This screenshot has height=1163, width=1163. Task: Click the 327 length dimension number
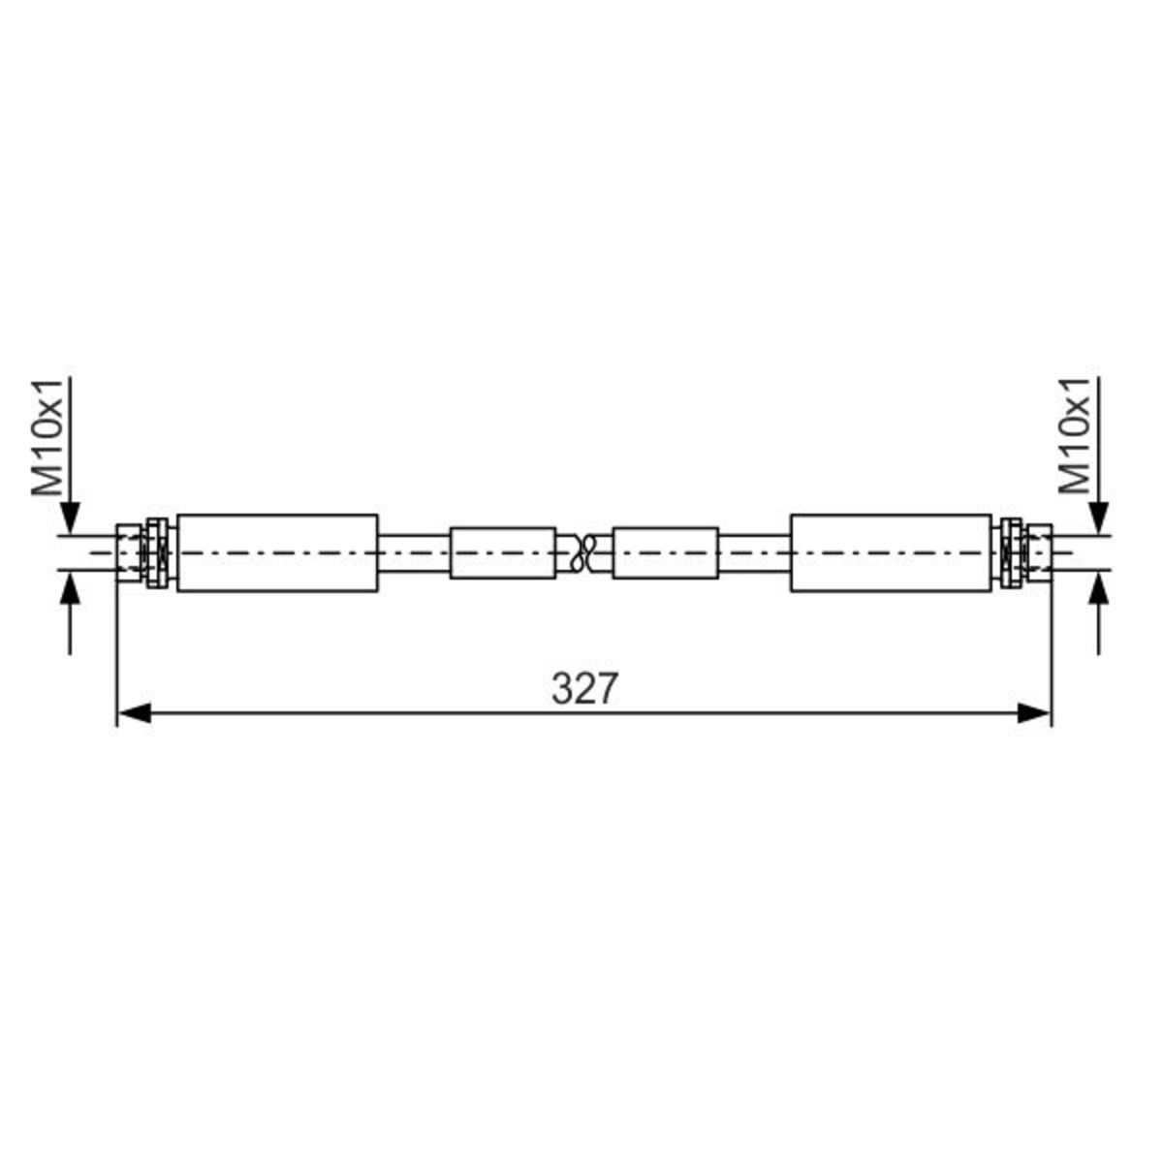[x=584, y=689]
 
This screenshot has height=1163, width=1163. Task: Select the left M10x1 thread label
[x=47, y=437]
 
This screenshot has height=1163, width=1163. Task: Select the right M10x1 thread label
[x=1075, y=436]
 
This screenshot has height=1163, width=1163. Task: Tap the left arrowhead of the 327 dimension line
[x=134, y=712]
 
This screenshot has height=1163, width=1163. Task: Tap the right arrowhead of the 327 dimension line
[x=1034, y=712]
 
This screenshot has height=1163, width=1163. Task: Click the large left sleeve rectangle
[x=277, y=552]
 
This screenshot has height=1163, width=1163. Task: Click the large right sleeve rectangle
[x=891, y=552]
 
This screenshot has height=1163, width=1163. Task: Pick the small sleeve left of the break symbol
[x=503, y=552]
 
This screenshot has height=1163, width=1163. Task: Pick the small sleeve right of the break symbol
[x=665, y=552]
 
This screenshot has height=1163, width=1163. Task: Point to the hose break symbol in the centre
[x=584, y=552]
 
